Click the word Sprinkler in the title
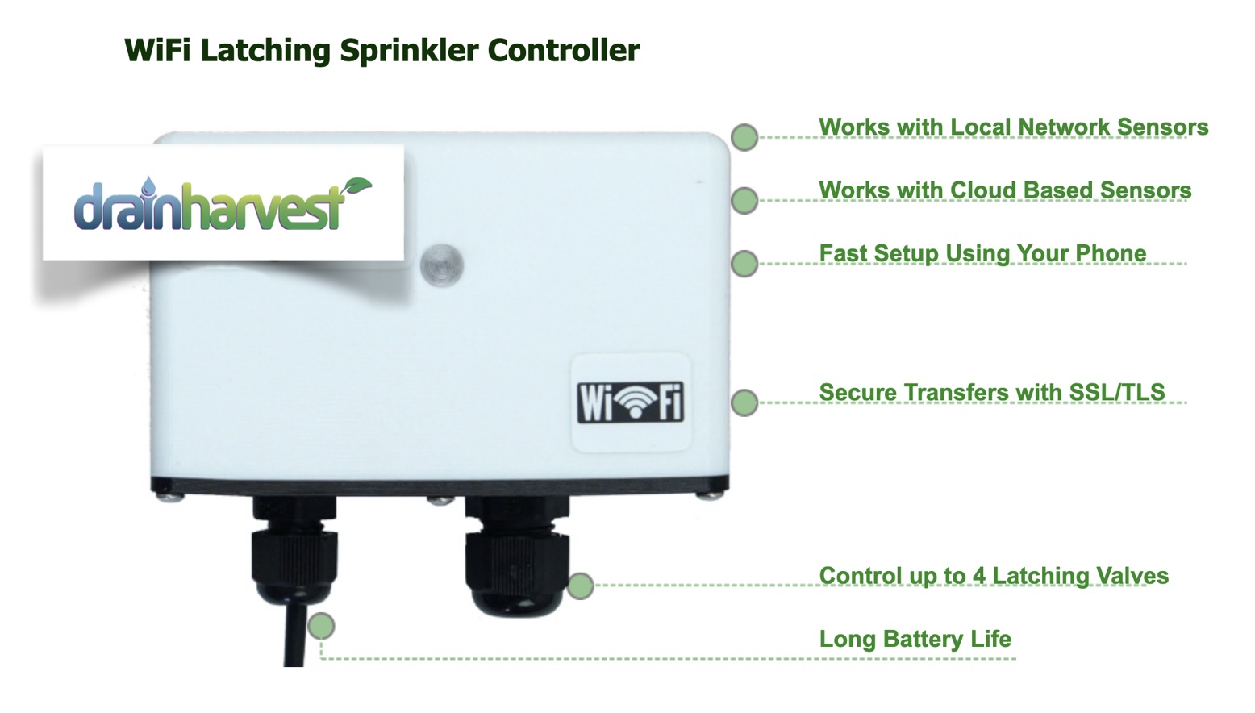click(409, 51)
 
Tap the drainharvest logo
click(223, 202)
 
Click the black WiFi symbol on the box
click(631, 402)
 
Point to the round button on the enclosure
click(441, 264)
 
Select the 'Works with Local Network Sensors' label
click(1013, 127)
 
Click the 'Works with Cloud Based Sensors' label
click(1005, 190)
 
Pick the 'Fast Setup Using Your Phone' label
click(982, 253)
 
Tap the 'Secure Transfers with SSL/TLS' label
click(991, 393)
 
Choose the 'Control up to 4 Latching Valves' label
click(994, 576)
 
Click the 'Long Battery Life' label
click(915, 639)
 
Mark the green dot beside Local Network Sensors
click(744, 137)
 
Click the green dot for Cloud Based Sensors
click(744, 200)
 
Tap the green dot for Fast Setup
click(744, 263)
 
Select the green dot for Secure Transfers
click(744, 402)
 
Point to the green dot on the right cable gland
click(580, 586)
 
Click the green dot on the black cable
click(321, 626)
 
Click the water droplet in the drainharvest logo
click(148, 187)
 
